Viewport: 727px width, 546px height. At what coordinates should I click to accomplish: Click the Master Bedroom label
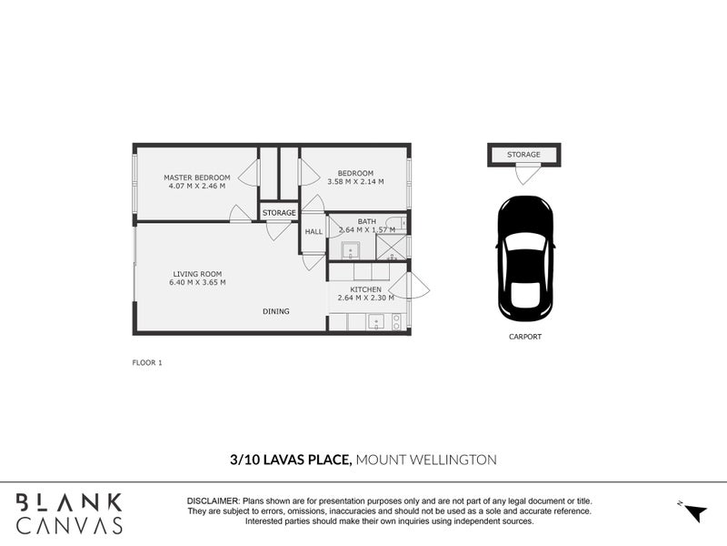pyautogui.click(x=197, y=177)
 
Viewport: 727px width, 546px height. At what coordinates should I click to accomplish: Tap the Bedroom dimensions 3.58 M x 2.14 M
pyautogui.click(x=355, y=182)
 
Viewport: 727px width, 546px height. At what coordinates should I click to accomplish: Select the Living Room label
pyautogui.click(x=197, y=274)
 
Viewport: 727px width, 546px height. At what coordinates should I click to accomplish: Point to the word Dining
pyautogui.click(x=276, y=311)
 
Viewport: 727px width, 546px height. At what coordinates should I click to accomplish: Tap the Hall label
pyautogui.click(x=314, y=232)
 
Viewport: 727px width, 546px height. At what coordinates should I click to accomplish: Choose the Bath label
pyautogui.click(x=366, y=221)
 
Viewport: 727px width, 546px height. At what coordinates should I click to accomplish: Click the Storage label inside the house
pyautogui.click(x=279, y=213)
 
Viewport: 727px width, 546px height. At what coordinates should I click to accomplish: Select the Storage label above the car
pyautogui.click(x=523, y=155)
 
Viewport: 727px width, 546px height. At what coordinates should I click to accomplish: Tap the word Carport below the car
pyautogui.click(x=525, y=337)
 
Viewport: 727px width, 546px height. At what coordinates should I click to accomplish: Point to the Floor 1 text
pyautogui.click(x=147, y=362)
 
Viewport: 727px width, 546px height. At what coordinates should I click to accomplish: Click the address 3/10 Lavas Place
pyautogui.click(x=291, y=460)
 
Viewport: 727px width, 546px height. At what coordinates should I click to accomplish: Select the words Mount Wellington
pyautogui.click(x=426, y=460)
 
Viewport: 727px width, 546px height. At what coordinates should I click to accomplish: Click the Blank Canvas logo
pyautogui.click(x=69, y=513)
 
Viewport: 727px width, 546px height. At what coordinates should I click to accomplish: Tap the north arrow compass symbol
pyautogui.click(x=693, y=512)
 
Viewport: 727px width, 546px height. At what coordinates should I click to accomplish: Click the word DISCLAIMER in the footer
pyautogui.click(x=213, y=501)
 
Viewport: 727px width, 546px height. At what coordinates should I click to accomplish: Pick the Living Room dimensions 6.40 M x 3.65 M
pyautogui.click(x=197, y=282)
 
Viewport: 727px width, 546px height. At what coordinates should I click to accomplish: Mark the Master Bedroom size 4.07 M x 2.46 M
pyautogui.click(x=197, y=186)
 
